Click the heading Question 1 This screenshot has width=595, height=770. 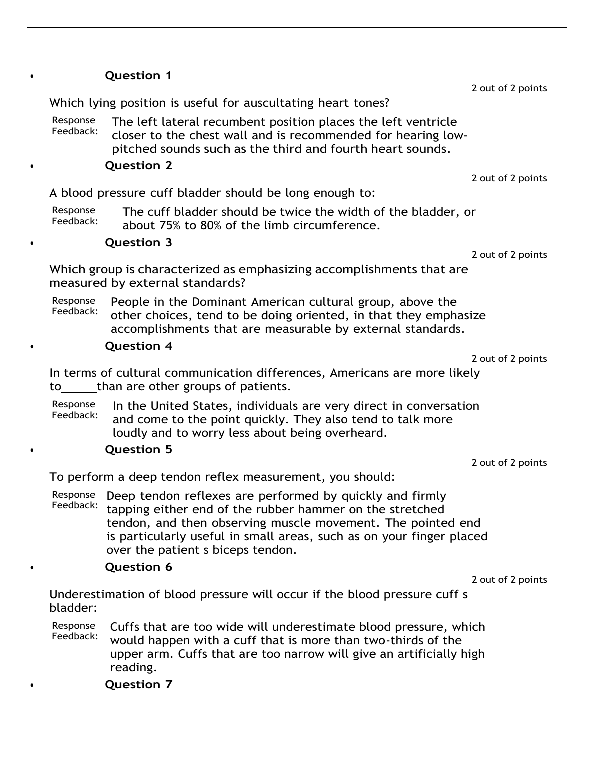138,76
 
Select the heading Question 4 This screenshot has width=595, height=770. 138,346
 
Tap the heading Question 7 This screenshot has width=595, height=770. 138,685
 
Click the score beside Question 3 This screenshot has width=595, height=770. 509,255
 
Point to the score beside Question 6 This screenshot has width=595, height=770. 509,580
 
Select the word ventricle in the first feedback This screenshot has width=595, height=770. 432,122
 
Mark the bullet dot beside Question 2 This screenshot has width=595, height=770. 32,167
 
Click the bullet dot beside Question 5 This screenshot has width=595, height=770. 32,451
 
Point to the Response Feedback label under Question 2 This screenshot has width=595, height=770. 75,216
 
